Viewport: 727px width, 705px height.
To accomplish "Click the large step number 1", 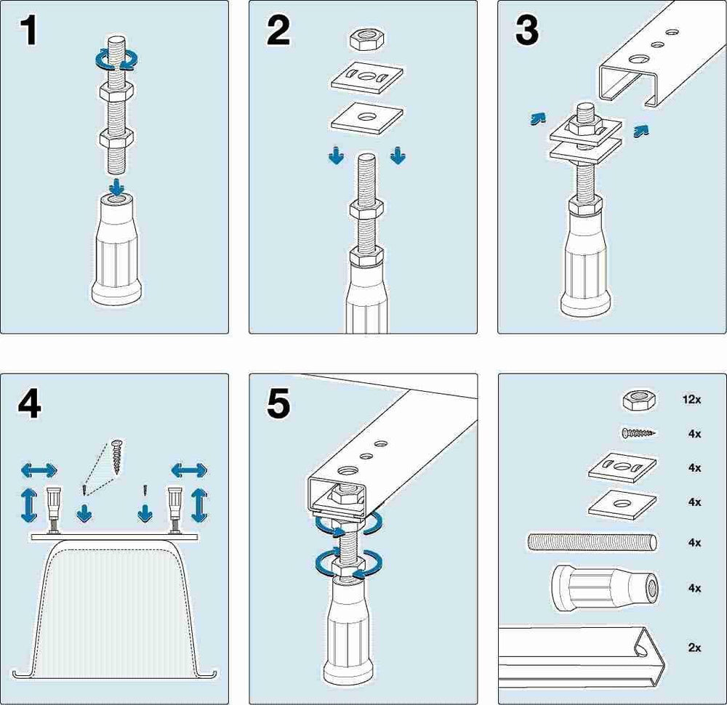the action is tap(29, 31).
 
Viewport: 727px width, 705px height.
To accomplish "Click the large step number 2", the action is tap(278, 31).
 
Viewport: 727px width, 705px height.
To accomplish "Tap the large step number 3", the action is tap(527, 31).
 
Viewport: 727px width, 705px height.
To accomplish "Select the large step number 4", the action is tap(29, 404).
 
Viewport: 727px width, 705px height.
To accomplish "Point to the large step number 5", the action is tap(278, 404).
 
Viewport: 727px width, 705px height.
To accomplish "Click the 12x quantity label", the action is tap(691, 399).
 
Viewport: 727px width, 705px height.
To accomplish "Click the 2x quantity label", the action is tap(694, 648).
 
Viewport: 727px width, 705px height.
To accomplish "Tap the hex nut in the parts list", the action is tap(639, 400).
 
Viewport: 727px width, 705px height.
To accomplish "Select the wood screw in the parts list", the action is tap(639, 433).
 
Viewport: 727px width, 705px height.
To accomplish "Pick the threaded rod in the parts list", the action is tap(593, 542).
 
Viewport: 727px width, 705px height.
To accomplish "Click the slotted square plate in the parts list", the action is tap(623, 467).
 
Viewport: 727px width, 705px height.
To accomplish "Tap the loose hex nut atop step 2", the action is tap(367, 39).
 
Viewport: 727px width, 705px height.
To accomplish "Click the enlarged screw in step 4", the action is tap(117, 456).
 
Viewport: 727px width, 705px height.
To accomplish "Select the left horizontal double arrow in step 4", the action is tap(39, 470).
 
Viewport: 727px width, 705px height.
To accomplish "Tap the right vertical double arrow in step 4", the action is tap(199, 505).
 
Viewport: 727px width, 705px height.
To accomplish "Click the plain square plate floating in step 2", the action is tap(367, 118).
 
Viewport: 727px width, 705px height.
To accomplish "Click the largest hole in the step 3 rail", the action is tap(639, 60).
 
